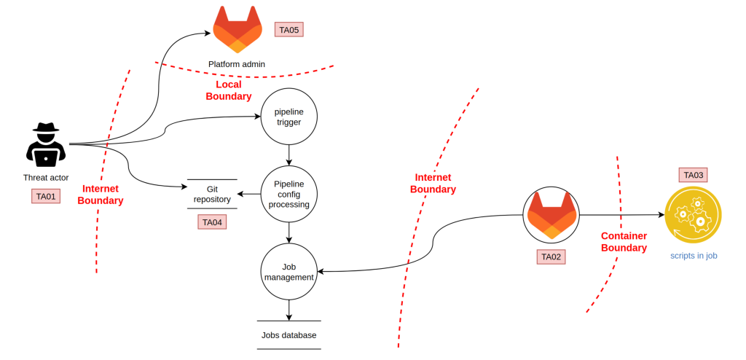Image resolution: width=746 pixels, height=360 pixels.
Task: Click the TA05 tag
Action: [x=288, y=30]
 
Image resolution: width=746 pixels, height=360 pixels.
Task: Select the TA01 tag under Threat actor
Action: [x=46, y=196]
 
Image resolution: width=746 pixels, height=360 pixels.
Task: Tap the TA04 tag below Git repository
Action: [x=212, y=222]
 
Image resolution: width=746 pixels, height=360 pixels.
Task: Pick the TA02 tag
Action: [x=551, y=257]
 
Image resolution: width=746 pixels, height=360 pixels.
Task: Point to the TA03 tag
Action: [x=694, y=175]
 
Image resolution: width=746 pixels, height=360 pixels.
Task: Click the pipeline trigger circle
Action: [x=288, y=117]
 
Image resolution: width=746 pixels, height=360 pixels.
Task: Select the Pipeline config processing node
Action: [x=288, y=195]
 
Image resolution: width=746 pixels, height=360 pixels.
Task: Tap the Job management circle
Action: [x=288, y=272]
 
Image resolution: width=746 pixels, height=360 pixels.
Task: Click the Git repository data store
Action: [x=212, y=194]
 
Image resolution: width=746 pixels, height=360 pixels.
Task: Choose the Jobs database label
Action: [x=288, y=335]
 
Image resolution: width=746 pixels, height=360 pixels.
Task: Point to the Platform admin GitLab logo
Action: [x=237, y=30]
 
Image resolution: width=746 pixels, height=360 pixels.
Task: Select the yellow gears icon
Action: [x=694, y=215]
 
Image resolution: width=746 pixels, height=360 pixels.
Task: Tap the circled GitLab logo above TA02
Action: [x=551, y=215]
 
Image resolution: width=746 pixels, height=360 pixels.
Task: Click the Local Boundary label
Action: [x=228, y=90]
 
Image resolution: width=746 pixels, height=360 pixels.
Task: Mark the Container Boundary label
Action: [x=624, y=242]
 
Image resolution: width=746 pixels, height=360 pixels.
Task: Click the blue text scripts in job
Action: [x=694, y=256]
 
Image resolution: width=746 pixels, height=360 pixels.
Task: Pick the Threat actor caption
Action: [x=46, y=178]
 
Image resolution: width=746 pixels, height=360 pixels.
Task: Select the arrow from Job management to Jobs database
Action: [x=288, y=310]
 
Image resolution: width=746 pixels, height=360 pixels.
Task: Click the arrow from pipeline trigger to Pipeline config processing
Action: [x=288, y=155]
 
